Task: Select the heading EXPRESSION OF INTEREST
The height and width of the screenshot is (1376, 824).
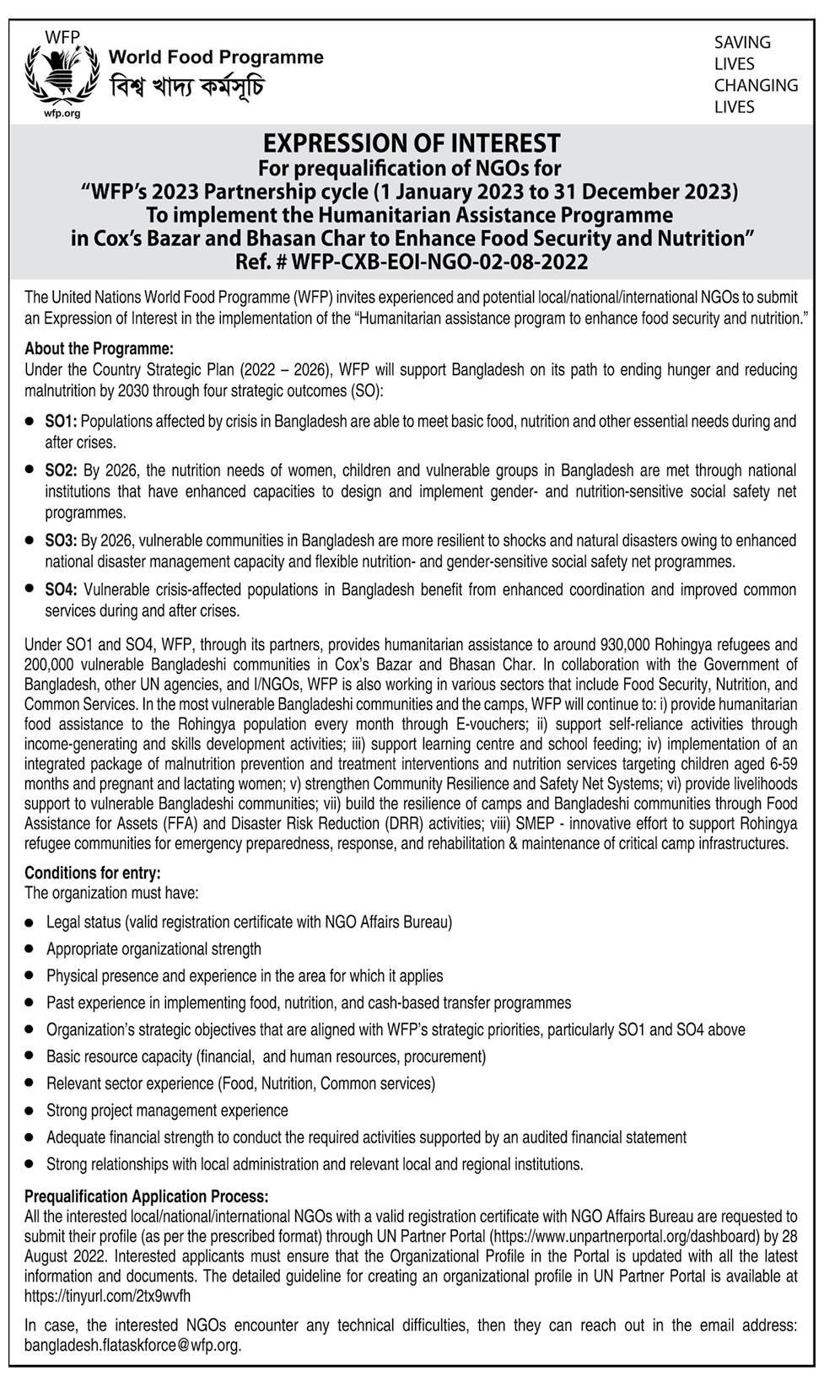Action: pyautogui.click(x=412, y=143)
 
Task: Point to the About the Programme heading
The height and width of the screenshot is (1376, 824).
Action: pyautogui.click(x=99, y=348)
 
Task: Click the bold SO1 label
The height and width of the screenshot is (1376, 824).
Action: pyautogui.click(x=61, y=421)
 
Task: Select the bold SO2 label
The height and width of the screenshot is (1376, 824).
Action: pyautogui.click(x=61, y=470)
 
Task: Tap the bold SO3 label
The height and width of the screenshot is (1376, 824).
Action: pyautogui.click(x=61, y=540)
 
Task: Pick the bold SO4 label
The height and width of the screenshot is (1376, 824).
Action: pyautogui.click(x=61, y=590)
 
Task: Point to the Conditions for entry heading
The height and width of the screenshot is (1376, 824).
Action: pyautogui.click(x=92, y=873)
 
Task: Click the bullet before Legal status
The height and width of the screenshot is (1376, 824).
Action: pyautogui.click(x=30, y=923)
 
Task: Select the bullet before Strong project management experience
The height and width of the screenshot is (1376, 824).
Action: pyautogui.click(x=30, y=1111)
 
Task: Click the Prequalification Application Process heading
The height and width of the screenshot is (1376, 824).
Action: pyautogui.click(x=147, y=1196)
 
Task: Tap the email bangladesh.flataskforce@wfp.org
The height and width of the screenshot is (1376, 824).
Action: pyautogui.click(x=132, y=1346)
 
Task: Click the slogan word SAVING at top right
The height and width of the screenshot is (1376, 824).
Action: pyautogui.click(x=742, y=42)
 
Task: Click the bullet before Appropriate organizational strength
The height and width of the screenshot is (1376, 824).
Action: pyautogui.click(x=30, y=950)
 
